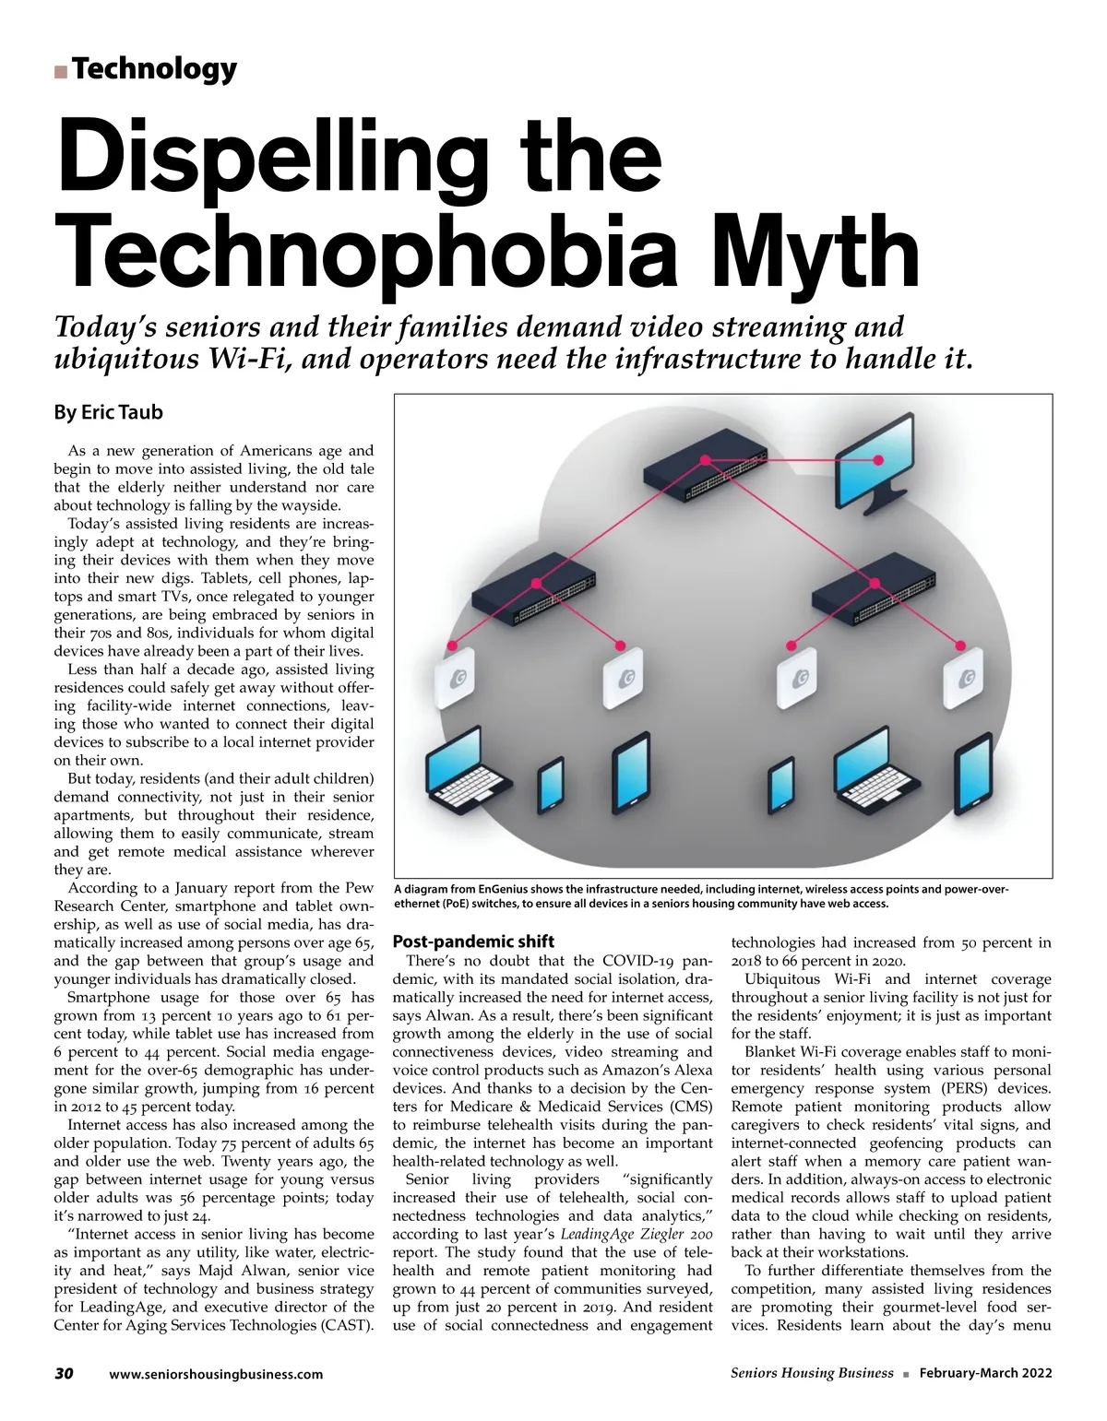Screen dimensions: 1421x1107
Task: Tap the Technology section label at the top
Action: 153,69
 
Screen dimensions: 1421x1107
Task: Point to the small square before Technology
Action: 60,71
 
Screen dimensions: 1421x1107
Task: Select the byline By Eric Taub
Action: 108,412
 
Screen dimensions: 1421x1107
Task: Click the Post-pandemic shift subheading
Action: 473,941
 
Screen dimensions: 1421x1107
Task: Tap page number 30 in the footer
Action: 64,1373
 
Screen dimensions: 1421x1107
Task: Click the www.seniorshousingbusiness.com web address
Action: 216,1374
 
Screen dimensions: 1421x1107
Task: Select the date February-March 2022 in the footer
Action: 985,1373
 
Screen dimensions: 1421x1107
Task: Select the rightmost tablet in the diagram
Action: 977,777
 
